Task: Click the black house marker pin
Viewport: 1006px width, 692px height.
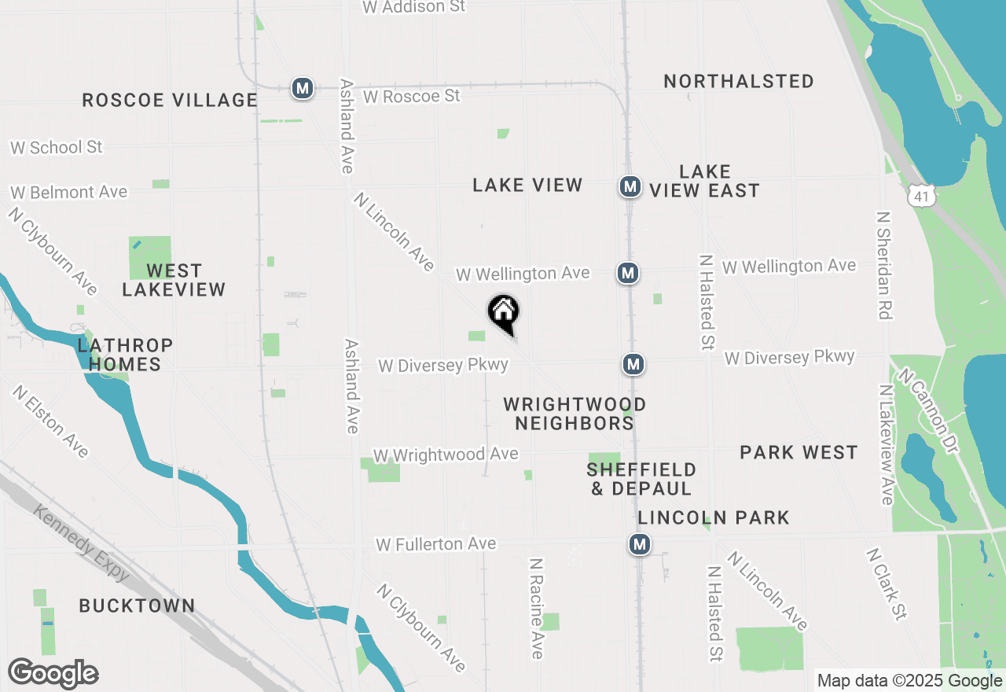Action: click(504, 312)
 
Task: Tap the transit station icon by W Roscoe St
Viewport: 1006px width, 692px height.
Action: click(303, 88)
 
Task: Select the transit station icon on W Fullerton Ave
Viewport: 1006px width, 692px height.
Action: click(640, 544)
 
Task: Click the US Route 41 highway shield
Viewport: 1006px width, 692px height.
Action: click(919, 195)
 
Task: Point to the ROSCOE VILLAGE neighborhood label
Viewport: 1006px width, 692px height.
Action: click(170, 101)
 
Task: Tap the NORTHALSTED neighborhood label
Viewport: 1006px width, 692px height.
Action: click(738, 81)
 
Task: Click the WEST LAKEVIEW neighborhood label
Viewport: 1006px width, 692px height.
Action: click(174, 280)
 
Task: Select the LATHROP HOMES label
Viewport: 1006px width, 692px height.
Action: click(125, 355)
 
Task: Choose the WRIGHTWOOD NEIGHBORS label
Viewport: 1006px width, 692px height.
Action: click(575, 414)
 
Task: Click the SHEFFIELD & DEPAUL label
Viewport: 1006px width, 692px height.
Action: click(641, 479)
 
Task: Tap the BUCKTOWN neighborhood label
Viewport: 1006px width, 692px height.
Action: click(137, 605)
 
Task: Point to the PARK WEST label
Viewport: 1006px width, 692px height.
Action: click(799, 452)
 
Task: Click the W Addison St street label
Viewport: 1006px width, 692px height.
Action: click(413, 7)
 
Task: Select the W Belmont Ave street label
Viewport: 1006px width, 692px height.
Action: click(68, 193)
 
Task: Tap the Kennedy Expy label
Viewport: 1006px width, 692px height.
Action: click(83, 543)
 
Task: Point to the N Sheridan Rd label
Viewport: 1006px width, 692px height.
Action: click(884, 265)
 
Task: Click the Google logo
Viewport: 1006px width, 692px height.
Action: click(53, 674)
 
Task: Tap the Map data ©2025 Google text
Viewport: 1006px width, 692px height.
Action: click(909, 681)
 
